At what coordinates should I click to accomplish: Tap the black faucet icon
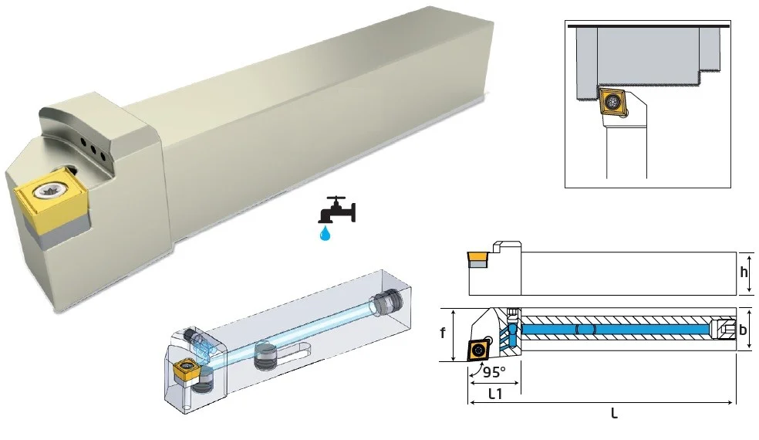point(337,209)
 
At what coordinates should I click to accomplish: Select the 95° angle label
point(494,371)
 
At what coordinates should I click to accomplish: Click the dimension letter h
point(744,272)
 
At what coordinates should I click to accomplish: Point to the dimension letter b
point(743,330)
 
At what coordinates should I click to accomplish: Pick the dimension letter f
point(443,333)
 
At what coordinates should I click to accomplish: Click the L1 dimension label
point(495,394)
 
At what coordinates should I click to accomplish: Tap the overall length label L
point(614,413)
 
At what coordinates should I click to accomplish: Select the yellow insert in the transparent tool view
point(184,371)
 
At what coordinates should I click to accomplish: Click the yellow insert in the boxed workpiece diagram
point(612,101)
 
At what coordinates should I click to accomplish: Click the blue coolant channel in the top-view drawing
point(615,330)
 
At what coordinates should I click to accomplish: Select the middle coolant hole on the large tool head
point(93,149)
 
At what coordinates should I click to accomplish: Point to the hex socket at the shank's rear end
point(724,330)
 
